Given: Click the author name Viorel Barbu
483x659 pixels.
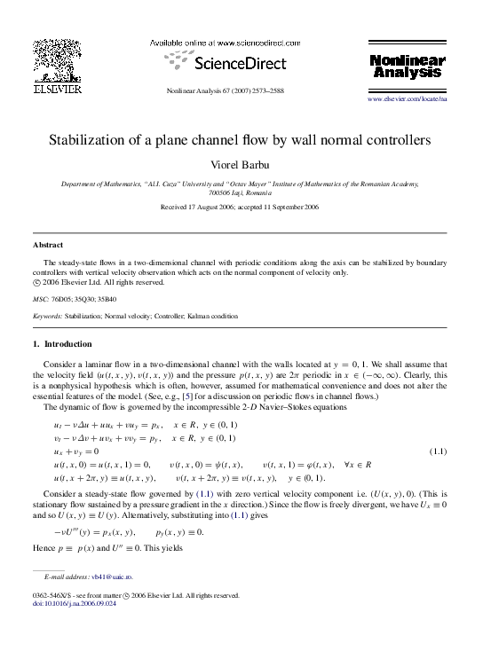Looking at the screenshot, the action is point(241,164).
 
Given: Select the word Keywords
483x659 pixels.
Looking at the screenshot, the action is point(47,315).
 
